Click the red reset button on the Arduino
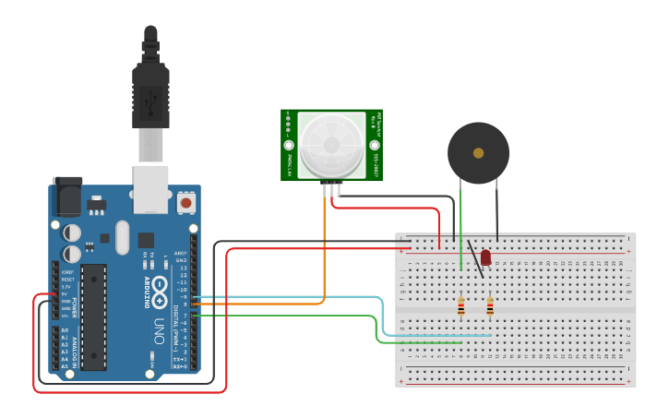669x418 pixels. [185, 202]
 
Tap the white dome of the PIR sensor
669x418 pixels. [332, 145]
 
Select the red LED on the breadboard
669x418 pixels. [485, 258]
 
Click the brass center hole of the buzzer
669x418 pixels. [478, 152]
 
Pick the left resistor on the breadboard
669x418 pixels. [460, 307]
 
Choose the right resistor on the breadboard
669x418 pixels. [489, 307]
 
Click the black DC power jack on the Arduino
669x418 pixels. [66, 197]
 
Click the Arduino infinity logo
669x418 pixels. [159, 293]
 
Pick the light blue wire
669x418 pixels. [380, 314]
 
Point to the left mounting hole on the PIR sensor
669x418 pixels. [289, 146]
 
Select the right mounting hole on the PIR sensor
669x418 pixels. [375, 145]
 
